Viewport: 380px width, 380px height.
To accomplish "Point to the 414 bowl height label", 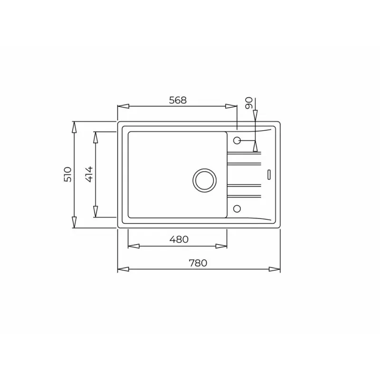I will tap(89, 174).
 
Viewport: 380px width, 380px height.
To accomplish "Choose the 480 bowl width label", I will tap(179, 239).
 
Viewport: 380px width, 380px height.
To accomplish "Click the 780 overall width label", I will tap(198, 263).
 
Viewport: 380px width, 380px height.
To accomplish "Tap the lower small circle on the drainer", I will tap(237, 209).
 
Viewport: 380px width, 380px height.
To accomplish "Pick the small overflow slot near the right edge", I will tap(269, 174).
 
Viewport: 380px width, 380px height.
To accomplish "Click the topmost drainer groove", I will tap(244, 152).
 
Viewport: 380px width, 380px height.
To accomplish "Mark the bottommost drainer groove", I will tap(244, 196).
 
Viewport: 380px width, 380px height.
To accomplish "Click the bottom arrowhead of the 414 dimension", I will tap(95, 212).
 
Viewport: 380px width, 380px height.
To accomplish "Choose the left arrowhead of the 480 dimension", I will tap(133, 246).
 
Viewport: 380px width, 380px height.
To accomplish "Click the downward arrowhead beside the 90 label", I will tap(255, 115).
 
